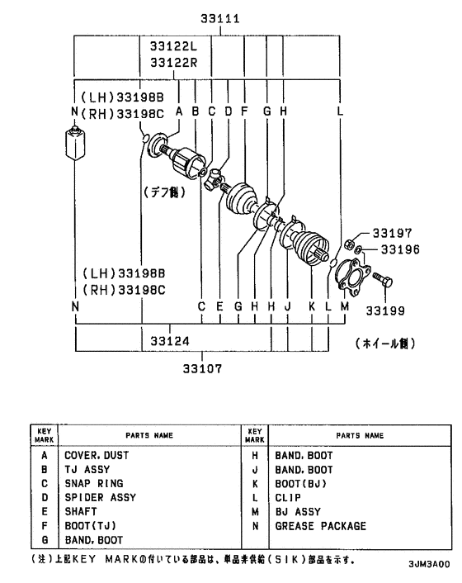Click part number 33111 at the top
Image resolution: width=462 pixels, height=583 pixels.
[221, 19]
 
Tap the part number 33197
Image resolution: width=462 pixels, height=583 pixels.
[390, 234]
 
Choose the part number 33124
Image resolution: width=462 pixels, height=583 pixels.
[168, 339]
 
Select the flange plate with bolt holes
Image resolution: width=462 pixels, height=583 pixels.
[353, 276]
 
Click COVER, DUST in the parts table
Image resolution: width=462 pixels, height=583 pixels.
[97, 454]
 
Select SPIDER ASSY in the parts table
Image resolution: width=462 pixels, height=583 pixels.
[100, 497]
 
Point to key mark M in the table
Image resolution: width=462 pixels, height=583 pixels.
[256, 511]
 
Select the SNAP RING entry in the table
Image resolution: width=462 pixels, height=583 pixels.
[94, 483]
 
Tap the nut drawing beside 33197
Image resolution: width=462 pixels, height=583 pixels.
[349, 244]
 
